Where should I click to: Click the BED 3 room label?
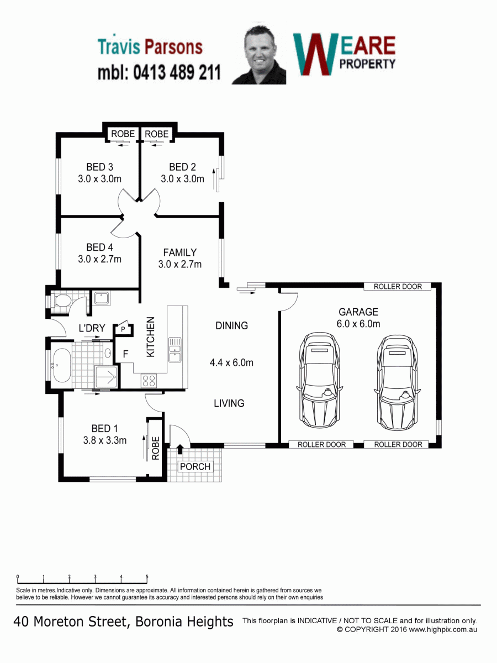point(99,167)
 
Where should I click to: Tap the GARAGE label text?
point(358,312)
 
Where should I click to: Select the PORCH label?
point(195,467)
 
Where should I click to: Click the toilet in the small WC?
point(62,301)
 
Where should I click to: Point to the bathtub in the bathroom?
point(62,365)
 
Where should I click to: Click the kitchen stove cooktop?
point(149,381)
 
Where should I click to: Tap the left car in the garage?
point(320,381)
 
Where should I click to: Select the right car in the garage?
point(397,383)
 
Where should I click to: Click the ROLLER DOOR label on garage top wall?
point(398,286)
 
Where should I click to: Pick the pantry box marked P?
point(123,329)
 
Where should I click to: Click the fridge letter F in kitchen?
point(125,354)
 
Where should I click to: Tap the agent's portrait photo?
point(259,55)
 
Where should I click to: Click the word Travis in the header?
point(119,47)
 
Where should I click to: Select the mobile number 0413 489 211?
point(177,72)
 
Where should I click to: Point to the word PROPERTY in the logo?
point(367,64)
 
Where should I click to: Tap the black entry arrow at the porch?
point(180,449)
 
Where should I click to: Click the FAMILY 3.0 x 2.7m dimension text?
point(180,264)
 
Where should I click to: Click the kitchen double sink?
point(175,350)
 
